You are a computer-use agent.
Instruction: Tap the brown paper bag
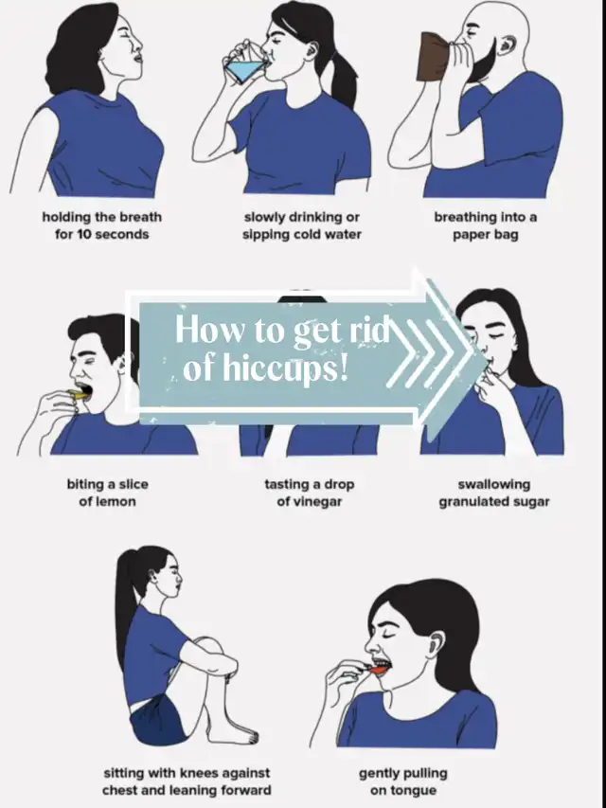point(434,57)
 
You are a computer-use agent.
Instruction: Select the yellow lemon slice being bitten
point(80,395)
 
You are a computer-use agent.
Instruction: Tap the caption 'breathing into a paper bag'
point(486,225)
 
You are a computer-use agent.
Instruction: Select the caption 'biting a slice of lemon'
point(107,493)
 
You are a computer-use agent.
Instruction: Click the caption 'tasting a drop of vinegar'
point(310,493)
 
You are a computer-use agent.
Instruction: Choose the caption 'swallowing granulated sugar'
point(494,493)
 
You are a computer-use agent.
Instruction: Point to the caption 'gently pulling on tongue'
point(403,781)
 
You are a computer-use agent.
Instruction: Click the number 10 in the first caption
point(84,235)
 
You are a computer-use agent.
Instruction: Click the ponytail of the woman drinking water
point(341,78)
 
